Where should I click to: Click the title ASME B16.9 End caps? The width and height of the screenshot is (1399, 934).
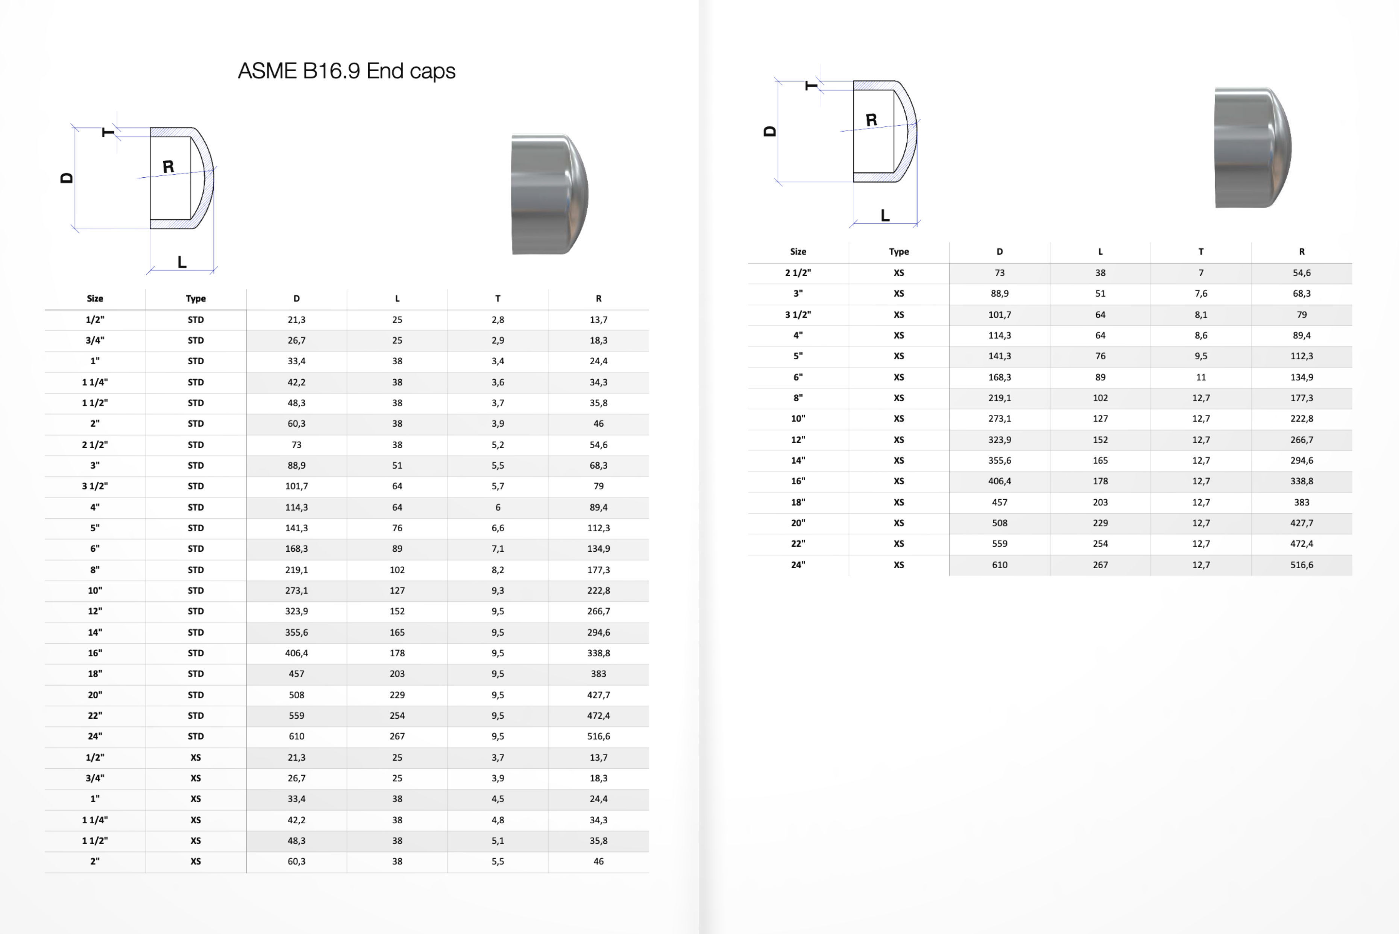[x=346, y=71]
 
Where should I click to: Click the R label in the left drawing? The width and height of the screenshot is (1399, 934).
[x=168, y=167]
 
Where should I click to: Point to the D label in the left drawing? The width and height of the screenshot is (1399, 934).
[x=67, y=178]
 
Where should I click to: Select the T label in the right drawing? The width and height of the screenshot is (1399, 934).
[x=811, y=86]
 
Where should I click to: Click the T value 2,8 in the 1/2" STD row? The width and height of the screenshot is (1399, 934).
[x=498, y=320]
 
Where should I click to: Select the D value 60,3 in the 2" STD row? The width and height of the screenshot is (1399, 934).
[x=296, y=423]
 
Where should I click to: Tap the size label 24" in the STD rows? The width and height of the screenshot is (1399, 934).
[x=95, y=736]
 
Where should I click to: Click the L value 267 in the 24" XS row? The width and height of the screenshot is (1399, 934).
[x=1100, y=565]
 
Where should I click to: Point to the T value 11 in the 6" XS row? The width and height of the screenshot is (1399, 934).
[x=1201, y=377]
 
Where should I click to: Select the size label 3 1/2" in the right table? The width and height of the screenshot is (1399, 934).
[x=798, y=315]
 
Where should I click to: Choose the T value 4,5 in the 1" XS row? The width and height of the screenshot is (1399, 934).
[x=498, y=799]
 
